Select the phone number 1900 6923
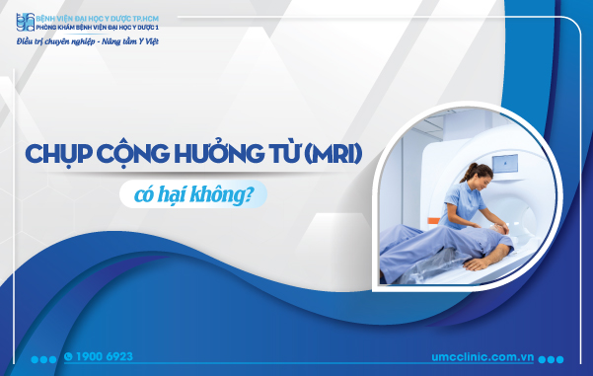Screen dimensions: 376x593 [105, 356]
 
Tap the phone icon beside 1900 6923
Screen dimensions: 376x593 [68, 356]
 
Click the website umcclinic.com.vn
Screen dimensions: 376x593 [481, 357]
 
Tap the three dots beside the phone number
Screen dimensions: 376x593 [44, 357]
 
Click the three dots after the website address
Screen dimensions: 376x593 [553, 358]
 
